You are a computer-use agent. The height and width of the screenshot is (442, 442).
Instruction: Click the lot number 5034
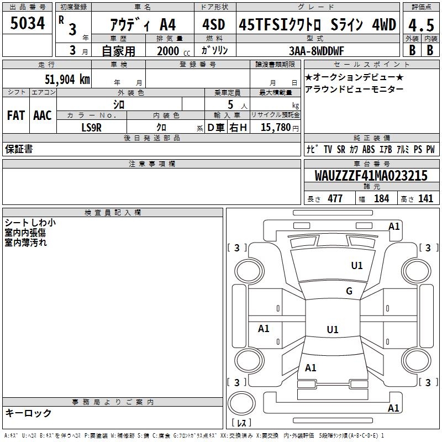(x=27, y=23)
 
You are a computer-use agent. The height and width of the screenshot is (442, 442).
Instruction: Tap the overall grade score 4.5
(x=421, y=25)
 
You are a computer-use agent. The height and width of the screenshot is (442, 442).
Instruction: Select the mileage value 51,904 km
(x=67, y=80)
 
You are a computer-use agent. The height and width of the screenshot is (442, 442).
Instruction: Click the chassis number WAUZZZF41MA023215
(x=371, y=176)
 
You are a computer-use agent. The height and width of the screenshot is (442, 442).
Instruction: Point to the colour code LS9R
(x=91, y=128)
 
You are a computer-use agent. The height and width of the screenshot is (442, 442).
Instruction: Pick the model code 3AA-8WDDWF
(x=316, y=51)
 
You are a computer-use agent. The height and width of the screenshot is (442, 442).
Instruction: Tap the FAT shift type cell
(x=16, y=115)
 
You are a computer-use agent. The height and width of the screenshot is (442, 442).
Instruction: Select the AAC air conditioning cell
(x=43, y=115)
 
